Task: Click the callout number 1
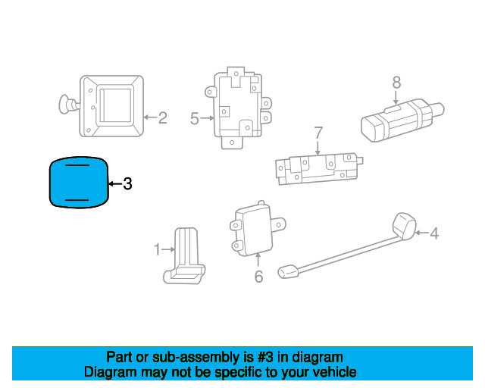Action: [158, 249]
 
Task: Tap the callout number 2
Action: [161, 117]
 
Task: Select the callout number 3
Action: [127, 183]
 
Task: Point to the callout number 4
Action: [434, 233]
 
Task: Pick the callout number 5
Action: [195, 118]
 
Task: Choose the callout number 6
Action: [258, 277]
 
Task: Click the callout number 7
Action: [318, 133]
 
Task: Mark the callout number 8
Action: [396, 83]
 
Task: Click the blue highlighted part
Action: [79, 182]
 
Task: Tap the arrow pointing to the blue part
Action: [114, 183]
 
